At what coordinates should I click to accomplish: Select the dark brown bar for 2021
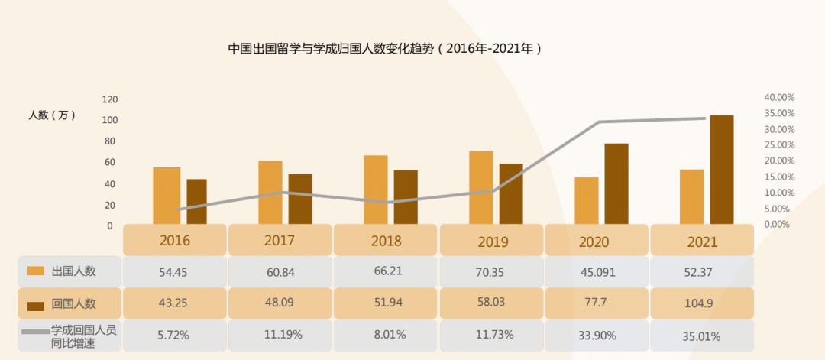click(x=721, y=170)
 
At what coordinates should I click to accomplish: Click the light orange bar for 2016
click(x=167, y=196)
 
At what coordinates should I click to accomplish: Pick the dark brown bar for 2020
click(x=616, y=183)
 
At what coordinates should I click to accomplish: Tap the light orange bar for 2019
click(x=480, y=187)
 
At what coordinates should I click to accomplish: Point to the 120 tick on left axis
click(x=110, y=99)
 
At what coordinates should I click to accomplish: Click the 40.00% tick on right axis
click(x=779, y=98)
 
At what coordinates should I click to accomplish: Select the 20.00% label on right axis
click(x=779, y=161)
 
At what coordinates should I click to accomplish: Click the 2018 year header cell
click(x=386, y=241)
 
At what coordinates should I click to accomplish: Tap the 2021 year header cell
click(x=701, y=241)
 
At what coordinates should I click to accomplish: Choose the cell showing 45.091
click(x=596, y=271)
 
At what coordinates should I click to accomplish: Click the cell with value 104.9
click(x=701, y=303)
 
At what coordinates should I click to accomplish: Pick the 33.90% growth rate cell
click(x=596, y=335)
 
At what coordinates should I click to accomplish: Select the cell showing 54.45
click(x=175, y=271)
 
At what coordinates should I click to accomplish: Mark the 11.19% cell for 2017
click(x=280, y=335)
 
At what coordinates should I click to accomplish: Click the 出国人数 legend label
click(x=74, y=271)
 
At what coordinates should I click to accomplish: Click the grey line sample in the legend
click(x=34, y=332)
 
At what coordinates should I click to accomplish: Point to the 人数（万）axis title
click(x=53, y=115)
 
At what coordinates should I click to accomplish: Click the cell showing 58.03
click(x=491, y=303)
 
